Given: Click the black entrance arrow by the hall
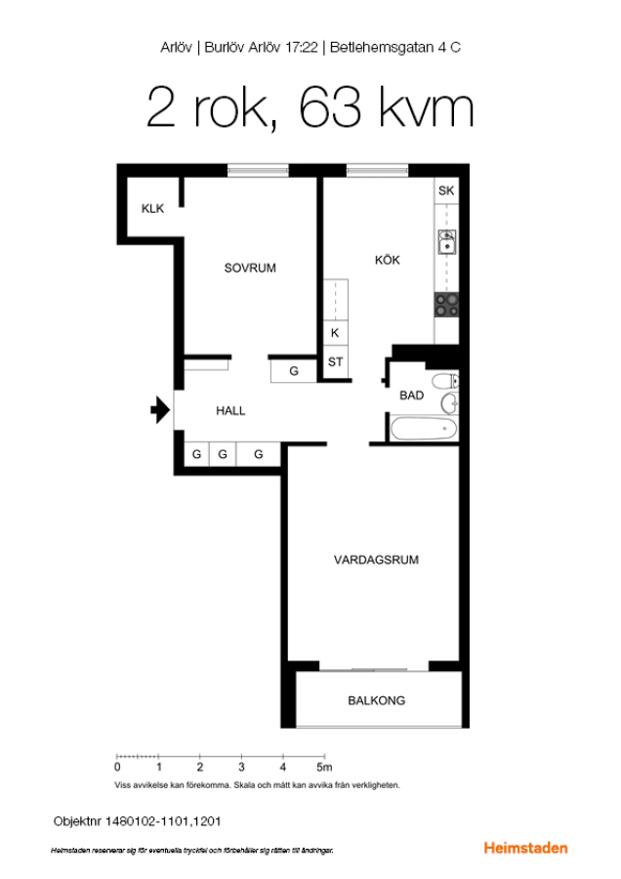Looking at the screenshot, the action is [160, 410].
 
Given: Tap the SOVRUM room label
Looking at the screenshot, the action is [250, 268].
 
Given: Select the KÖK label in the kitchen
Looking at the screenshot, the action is [388, 260].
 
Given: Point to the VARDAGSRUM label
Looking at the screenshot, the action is [376, 560].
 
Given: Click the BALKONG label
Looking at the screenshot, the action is [376, 700].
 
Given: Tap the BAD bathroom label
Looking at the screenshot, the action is [411, 396].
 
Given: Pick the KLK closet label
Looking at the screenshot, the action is [152, 209].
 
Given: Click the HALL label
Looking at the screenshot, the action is [230, 411].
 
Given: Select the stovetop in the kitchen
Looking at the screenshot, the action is [446, 305].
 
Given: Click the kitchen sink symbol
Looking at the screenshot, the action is [446, 241].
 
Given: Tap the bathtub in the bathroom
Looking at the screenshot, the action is [424, 429].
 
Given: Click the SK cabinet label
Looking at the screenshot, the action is [446, 190].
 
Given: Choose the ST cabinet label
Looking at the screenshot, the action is [335, 362].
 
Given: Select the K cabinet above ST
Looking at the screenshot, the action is [335, 333].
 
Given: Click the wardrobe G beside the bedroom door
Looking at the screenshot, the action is [294, 371].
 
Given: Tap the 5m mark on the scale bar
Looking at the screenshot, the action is [324, 767].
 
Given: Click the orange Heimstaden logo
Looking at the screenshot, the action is [525, 848].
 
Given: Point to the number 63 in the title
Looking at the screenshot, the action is [330, 106].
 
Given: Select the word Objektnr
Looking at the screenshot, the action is [77, 821].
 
